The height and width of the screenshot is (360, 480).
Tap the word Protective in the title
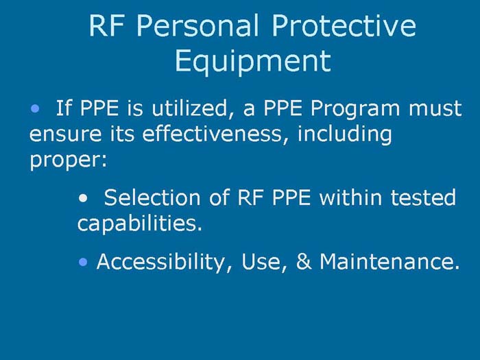[x=344, y=27]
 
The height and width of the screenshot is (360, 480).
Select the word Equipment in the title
[x=252, y=60]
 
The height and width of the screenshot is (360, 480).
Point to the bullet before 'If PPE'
[x=35, y=108]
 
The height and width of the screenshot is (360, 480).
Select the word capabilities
[x=139, y=224]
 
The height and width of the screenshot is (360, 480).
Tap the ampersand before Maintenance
[x=304, y=262]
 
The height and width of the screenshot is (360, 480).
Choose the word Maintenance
[x=388, y=262]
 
